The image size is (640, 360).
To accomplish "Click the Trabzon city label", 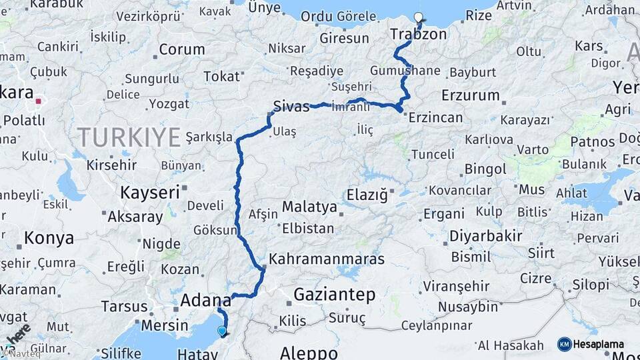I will pyautogui.click(x=418, y=33).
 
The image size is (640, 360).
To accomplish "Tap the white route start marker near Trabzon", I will pyautogui.click(x=418, y=17).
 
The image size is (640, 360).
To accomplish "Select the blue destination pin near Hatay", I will pyautogui.click(x=222, y=330).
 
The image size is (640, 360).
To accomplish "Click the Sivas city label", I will pyautogui.click(x=291, y=105).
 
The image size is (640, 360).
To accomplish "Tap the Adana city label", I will pyautogui.click(x=205, y=301).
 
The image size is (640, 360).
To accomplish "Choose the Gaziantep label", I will pyautogui.click(x=334, y=294).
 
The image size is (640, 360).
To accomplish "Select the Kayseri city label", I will pyautogui.click(x=150, y=192).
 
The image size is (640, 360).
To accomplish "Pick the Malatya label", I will pyautogui.click(x=309, y=207).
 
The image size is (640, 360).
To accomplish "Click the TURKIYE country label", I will pyautogui.click(x=129, y=137).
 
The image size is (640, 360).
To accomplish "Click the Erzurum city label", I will pyautogui.click(x=470, y=95).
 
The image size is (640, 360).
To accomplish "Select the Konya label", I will pyautogui.click(x=49, y=237).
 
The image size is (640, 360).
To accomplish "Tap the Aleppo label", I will pyautogui.click(x=308, y=352).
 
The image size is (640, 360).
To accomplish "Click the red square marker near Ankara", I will pyautogui.click(x=39, y=102).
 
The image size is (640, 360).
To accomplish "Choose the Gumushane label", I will pyautogui.click(x=405, y=70).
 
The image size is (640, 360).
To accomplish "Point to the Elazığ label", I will pyautogui.click(x=367, y=195).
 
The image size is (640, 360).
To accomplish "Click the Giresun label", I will pyautogui.click(x=344, y=38).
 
